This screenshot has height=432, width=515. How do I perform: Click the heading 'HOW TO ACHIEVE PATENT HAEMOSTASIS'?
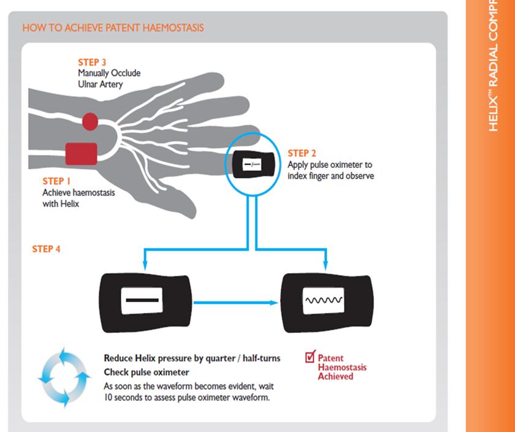(113, 28)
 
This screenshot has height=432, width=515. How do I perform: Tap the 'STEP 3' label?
(93, 63)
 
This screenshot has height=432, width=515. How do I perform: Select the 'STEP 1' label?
(57, 181)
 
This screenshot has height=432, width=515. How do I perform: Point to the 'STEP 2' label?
(302, 153)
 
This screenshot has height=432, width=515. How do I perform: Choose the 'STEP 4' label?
(46, 249)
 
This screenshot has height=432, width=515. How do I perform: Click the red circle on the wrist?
(90, 121)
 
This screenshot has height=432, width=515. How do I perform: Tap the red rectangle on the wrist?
(81, 153)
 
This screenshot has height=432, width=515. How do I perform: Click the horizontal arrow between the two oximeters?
(236, 301)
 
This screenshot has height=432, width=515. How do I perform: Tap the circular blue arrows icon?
(57, 379)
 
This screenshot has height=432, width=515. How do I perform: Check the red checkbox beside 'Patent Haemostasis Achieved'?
(310, 356)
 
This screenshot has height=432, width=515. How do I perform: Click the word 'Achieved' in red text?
(335, 376)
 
